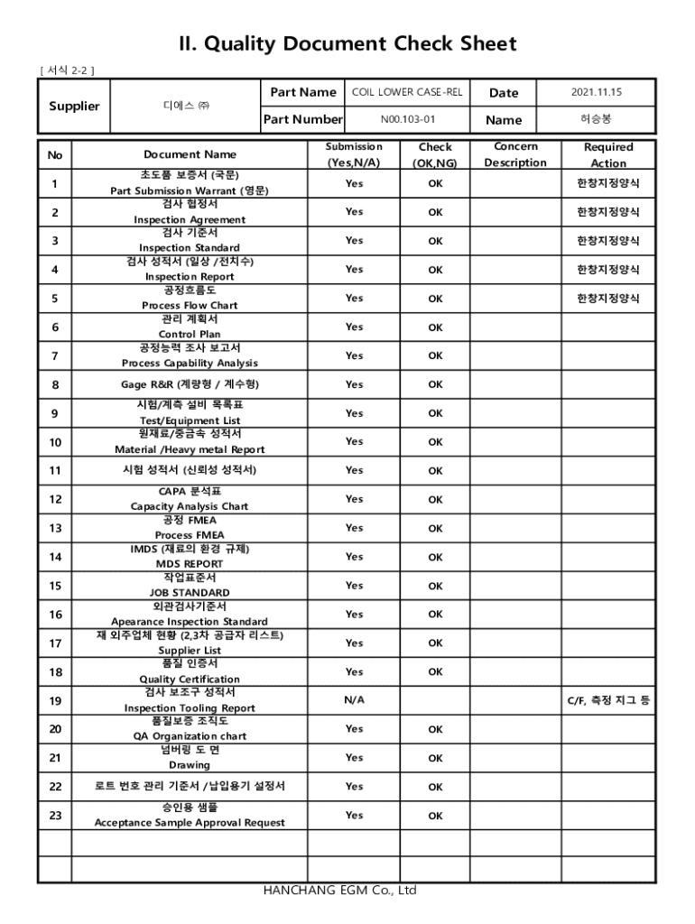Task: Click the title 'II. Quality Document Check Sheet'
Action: [x=347, y=44]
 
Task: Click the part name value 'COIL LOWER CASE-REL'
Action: [x=407, y=92]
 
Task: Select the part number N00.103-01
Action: [x=407, y=119]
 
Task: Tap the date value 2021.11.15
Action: [x=597, y=92]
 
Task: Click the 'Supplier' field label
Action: [x=74, y=106]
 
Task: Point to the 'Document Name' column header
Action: [x=190, y=154]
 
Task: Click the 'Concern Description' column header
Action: [x=515, y=154]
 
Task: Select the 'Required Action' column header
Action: [x=608, y=154]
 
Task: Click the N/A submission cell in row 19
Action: [x=354, y=699]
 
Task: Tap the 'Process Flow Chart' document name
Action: [x=190, y=305]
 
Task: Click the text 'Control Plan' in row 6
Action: [x=190, y=334]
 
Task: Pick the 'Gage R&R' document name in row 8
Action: [x=190, y=384]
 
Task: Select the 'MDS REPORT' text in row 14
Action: [x=190, y=564]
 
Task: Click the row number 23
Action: [x=55, y=815]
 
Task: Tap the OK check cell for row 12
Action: [x=435, y=499]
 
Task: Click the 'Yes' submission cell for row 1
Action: [x=354, y=183]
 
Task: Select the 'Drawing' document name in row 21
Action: [x=190, y=765]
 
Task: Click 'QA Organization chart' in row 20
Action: [x=190, y=736]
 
